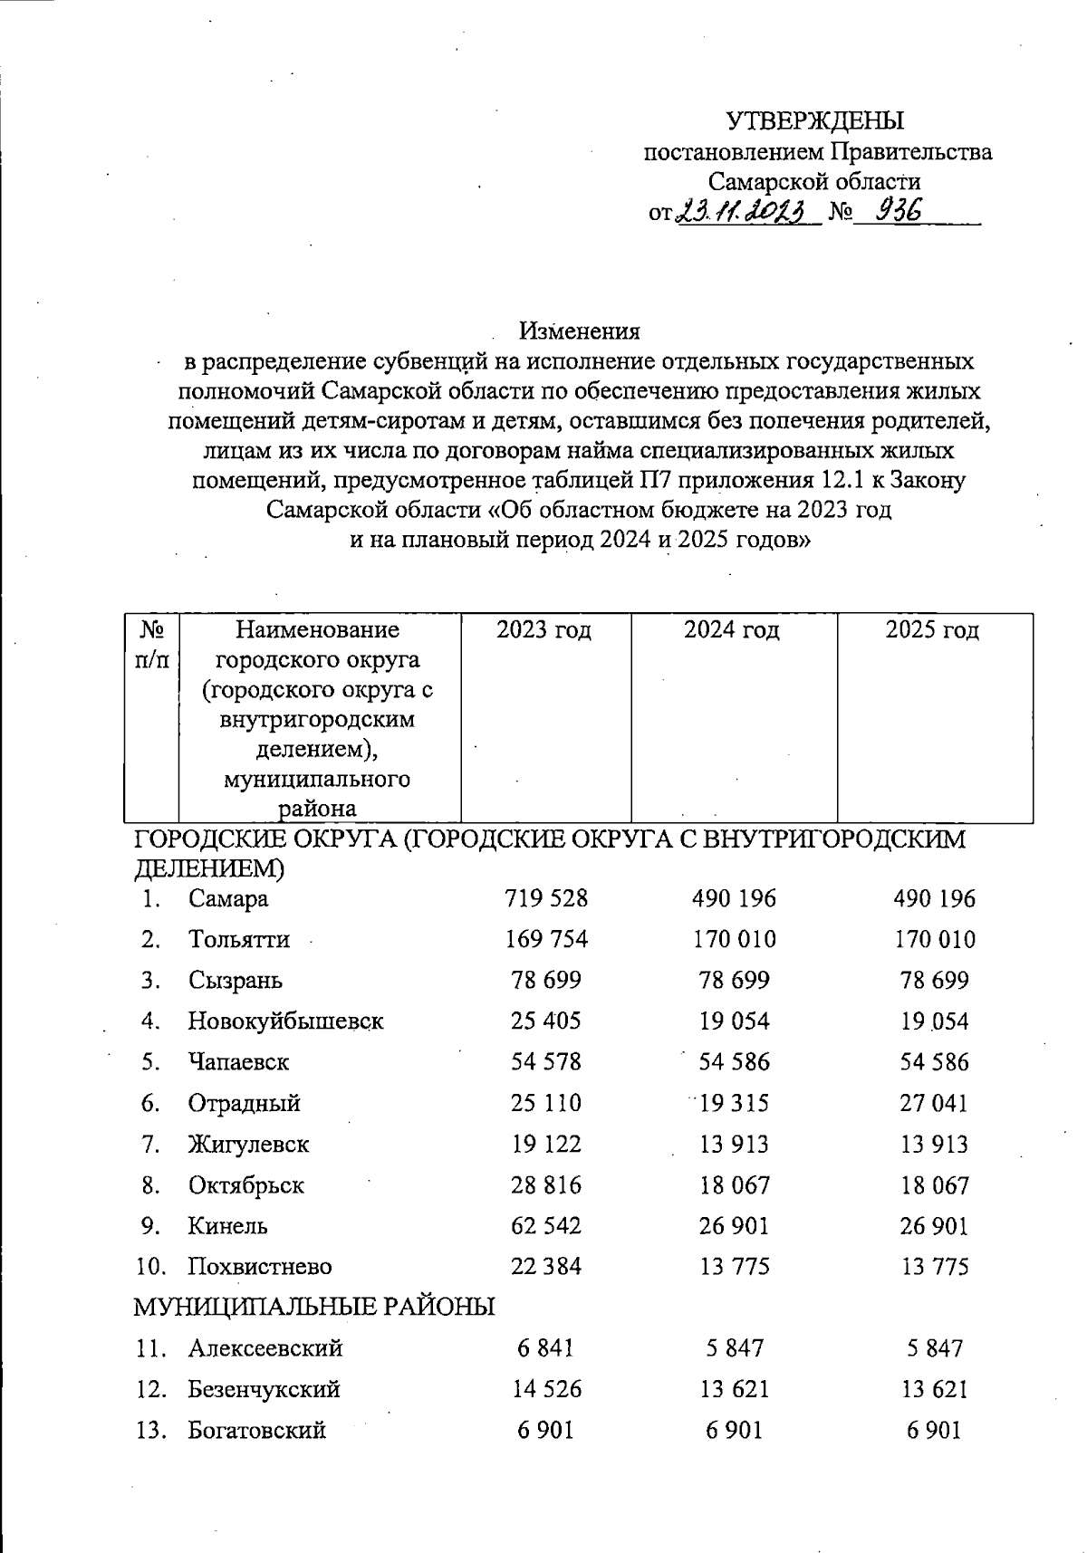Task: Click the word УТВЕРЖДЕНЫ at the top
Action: click(816, 120)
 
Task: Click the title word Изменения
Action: click(580, 331)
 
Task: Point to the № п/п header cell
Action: click(151, 644)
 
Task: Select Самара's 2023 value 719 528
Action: click(546, 898)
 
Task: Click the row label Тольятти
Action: click(239, 939)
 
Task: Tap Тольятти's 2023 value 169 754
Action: click(546, 939)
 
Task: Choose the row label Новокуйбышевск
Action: click(285, 1021)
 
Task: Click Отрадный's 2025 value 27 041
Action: click(934, 1103)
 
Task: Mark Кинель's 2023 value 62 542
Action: click(546, 1226)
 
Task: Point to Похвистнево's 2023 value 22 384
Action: click(546, 1267)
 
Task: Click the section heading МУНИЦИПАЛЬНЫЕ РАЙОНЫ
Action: click(314, 1307)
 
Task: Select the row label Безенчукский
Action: click(264, 1389)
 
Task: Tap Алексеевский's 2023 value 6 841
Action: click(546, 1348)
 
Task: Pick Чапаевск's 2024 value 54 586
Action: click(734, 1062)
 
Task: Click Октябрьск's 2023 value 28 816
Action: click(546, 1185)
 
